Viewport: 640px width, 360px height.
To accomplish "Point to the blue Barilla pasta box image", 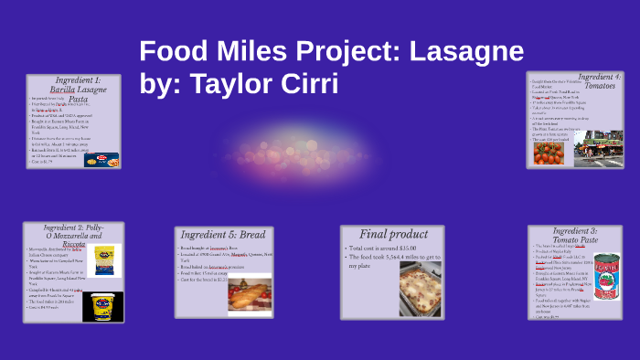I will click(101, 160).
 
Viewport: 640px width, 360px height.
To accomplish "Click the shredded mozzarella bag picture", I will click(102, 259).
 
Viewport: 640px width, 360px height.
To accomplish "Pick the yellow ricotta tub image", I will click(101, 306).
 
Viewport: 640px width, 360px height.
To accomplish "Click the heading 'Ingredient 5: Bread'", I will click(224, 235).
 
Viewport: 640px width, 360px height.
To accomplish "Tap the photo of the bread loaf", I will click(250, 294).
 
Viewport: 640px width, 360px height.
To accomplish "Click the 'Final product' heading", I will click(392, 234).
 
